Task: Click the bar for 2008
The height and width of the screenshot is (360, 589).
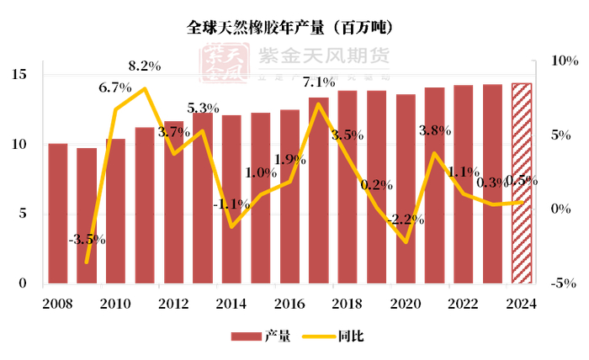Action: click(58, 214)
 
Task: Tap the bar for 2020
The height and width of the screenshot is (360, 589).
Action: click(405, 189)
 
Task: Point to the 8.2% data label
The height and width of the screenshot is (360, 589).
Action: click(146, 66)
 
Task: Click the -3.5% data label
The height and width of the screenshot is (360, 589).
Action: click(88, 239)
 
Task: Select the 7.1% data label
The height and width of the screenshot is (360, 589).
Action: click(319, 82)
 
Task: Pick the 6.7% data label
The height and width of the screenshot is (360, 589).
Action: click(115, 87)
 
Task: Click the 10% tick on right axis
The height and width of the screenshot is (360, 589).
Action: click(562, 61)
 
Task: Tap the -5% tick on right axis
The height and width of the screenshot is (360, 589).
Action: click(562, 283)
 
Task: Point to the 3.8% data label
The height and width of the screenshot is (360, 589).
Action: click(435, 130)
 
